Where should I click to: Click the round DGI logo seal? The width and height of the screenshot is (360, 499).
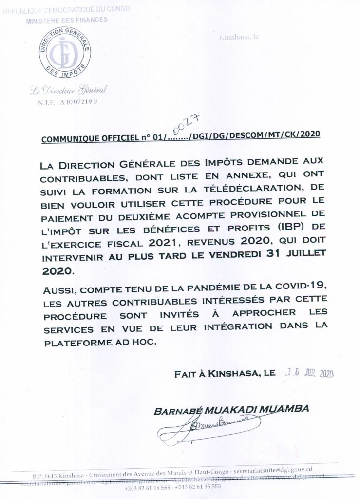[62, 55]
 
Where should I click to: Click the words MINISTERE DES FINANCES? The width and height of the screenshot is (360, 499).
[67, 21]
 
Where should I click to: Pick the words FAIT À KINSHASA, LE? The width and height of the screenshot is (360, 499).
[224, 374]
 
